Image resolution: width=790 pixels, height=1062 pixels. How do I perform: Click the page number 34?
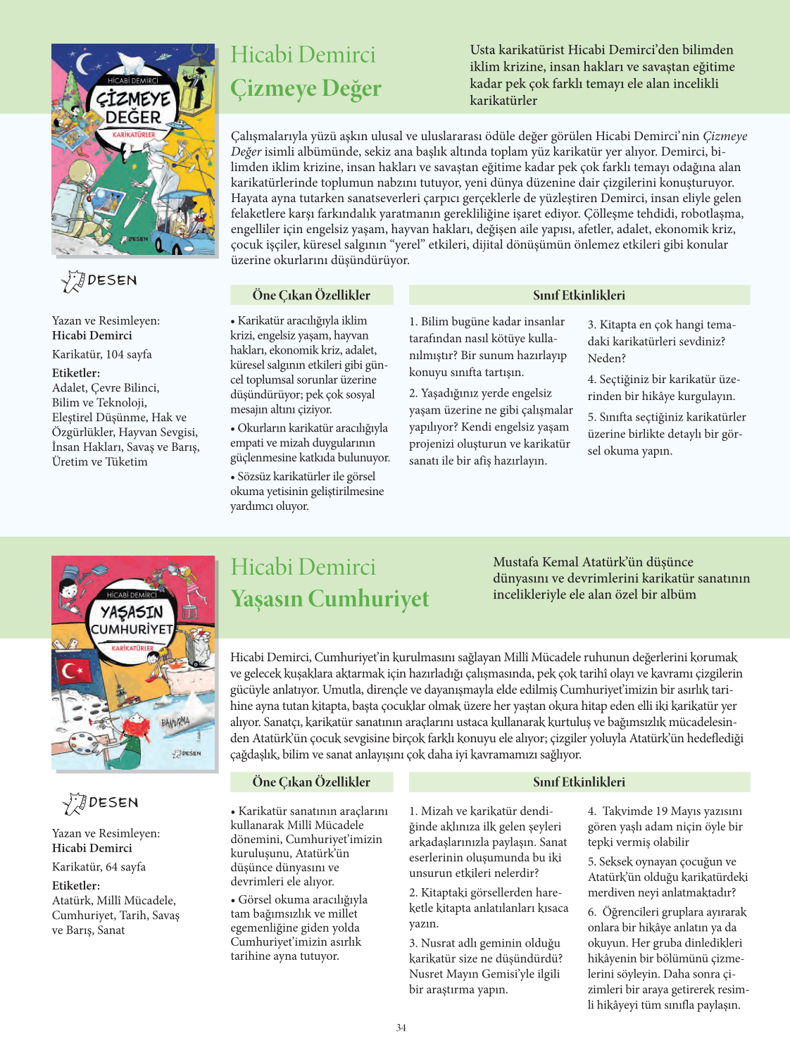pyautogui.click(x=401, y=1027)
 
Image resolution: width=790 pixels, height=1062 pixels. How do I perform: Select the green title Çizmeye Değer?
pyautogui.click(x=306, y=88)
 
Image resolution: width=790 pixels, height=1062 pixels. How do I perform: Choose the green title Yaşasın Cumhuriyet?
pyautogui.click(x=330, y=599)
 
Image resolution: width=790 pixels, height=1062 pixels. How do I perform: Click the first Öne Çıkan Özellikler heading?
pyautogui.click(x=311, y=295)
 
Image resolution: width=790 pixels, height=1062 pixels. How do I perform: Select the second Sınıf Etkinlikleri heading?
pyautogui.click(x=579, y=782)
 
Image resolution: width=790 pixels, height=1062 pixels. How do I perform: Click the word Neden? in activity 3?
pyautogui.click(x=606, y=358)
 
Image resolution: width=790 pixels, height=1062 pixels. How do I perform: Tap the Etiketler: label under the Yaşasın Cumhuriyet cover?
pyautogui.click(x=75, y=885)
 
